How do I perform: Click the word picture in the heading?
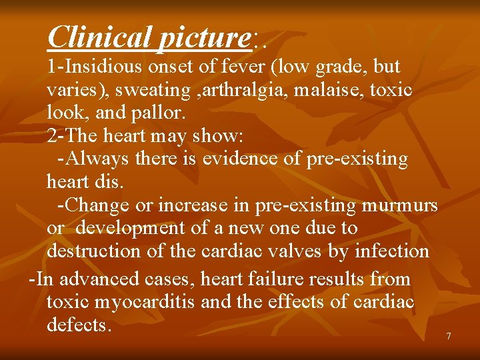(203, 38)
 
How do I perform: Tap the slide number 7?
(449, 336)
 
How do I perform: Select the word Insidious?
(106, 67)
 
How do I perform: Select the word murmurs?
(399, 205)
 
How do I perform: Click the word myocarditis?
(146, 302)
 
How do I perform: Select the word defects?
(79, 325)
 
